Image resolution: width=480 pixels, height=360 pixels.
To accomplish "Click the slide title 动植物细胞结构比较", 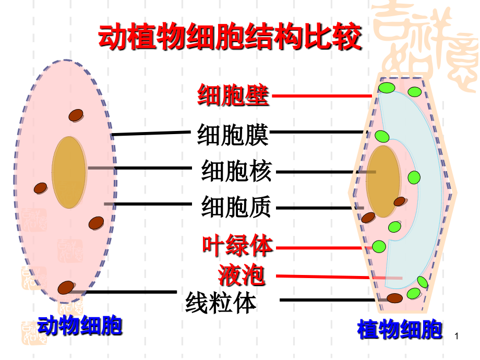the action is [230, 37].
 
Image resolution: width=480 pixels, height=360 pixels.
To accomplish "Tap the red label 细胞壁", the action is [233, 95].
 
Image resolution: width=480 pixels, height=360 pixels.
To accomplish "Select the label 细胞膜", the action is [233, 135].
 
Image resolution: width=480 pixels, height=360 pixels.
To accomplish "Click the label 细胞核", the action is [236, 171].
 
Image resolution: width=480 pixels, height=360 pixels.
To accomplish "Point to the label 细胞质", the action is [236, 207].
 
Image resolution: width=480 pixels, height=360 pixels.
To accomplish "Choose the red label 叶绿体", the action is [237, 245].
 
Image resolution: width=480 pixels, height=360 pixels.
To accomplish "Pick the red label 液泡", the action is [241, 275].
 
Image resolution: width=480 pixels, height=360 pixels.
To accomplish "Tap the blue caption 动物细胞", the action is [80, 326].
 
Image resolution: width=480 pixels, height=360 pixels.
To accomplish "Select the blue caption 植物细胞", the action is [400, 329].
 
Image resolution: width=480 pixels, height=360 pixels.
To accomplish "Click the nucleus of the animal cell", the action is [69, 172].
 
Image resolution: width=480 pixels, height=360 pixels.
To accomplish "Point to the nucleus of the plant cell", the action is [383, 181].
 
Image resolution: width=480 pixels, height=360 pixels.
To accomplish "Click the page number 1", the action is [457, 336].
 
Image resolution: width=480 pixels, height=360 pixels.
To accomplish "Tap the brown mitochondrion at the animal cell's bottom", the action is [66, 287].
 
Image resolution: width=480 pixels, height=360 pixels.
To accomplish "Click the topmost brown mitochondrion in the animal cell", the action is [76, 115].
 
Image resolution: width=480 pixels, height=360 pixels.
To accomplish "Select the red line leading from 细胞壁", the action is [322, 96].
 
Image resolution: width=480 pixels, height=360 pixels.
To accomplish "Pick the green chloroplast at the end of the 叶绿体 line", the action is [379, 246].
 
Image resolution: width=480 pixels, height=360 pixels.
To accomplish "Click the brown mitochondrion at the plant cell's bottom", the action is [394, 298].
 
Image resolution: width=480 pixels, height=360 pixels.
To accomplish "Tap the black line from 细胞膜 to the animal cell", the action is [151, 133].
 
